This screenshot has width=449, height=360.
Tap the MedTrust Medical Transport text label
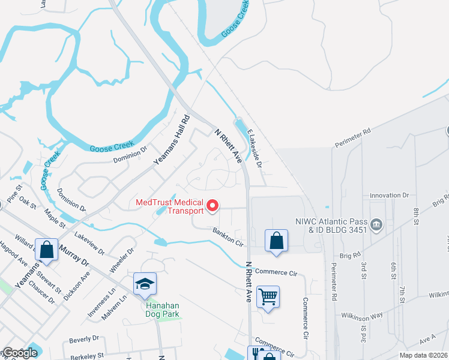[x=170, y=207]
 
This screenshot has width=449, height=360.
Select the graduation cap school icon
[x=144, y=285]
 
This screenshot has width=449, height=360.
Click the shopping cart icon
[x=268, y=296]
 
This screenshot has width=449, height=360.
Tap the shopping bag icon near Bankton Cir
[x=276, y=241]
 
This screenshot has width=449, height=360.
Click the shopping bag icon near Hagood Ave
[x=46, y=249]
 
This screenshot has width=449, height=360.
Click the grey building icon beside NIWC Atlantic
[x=376, y=224]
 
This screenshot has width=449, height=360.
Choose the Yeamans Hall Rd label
[x=171, y=140]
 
